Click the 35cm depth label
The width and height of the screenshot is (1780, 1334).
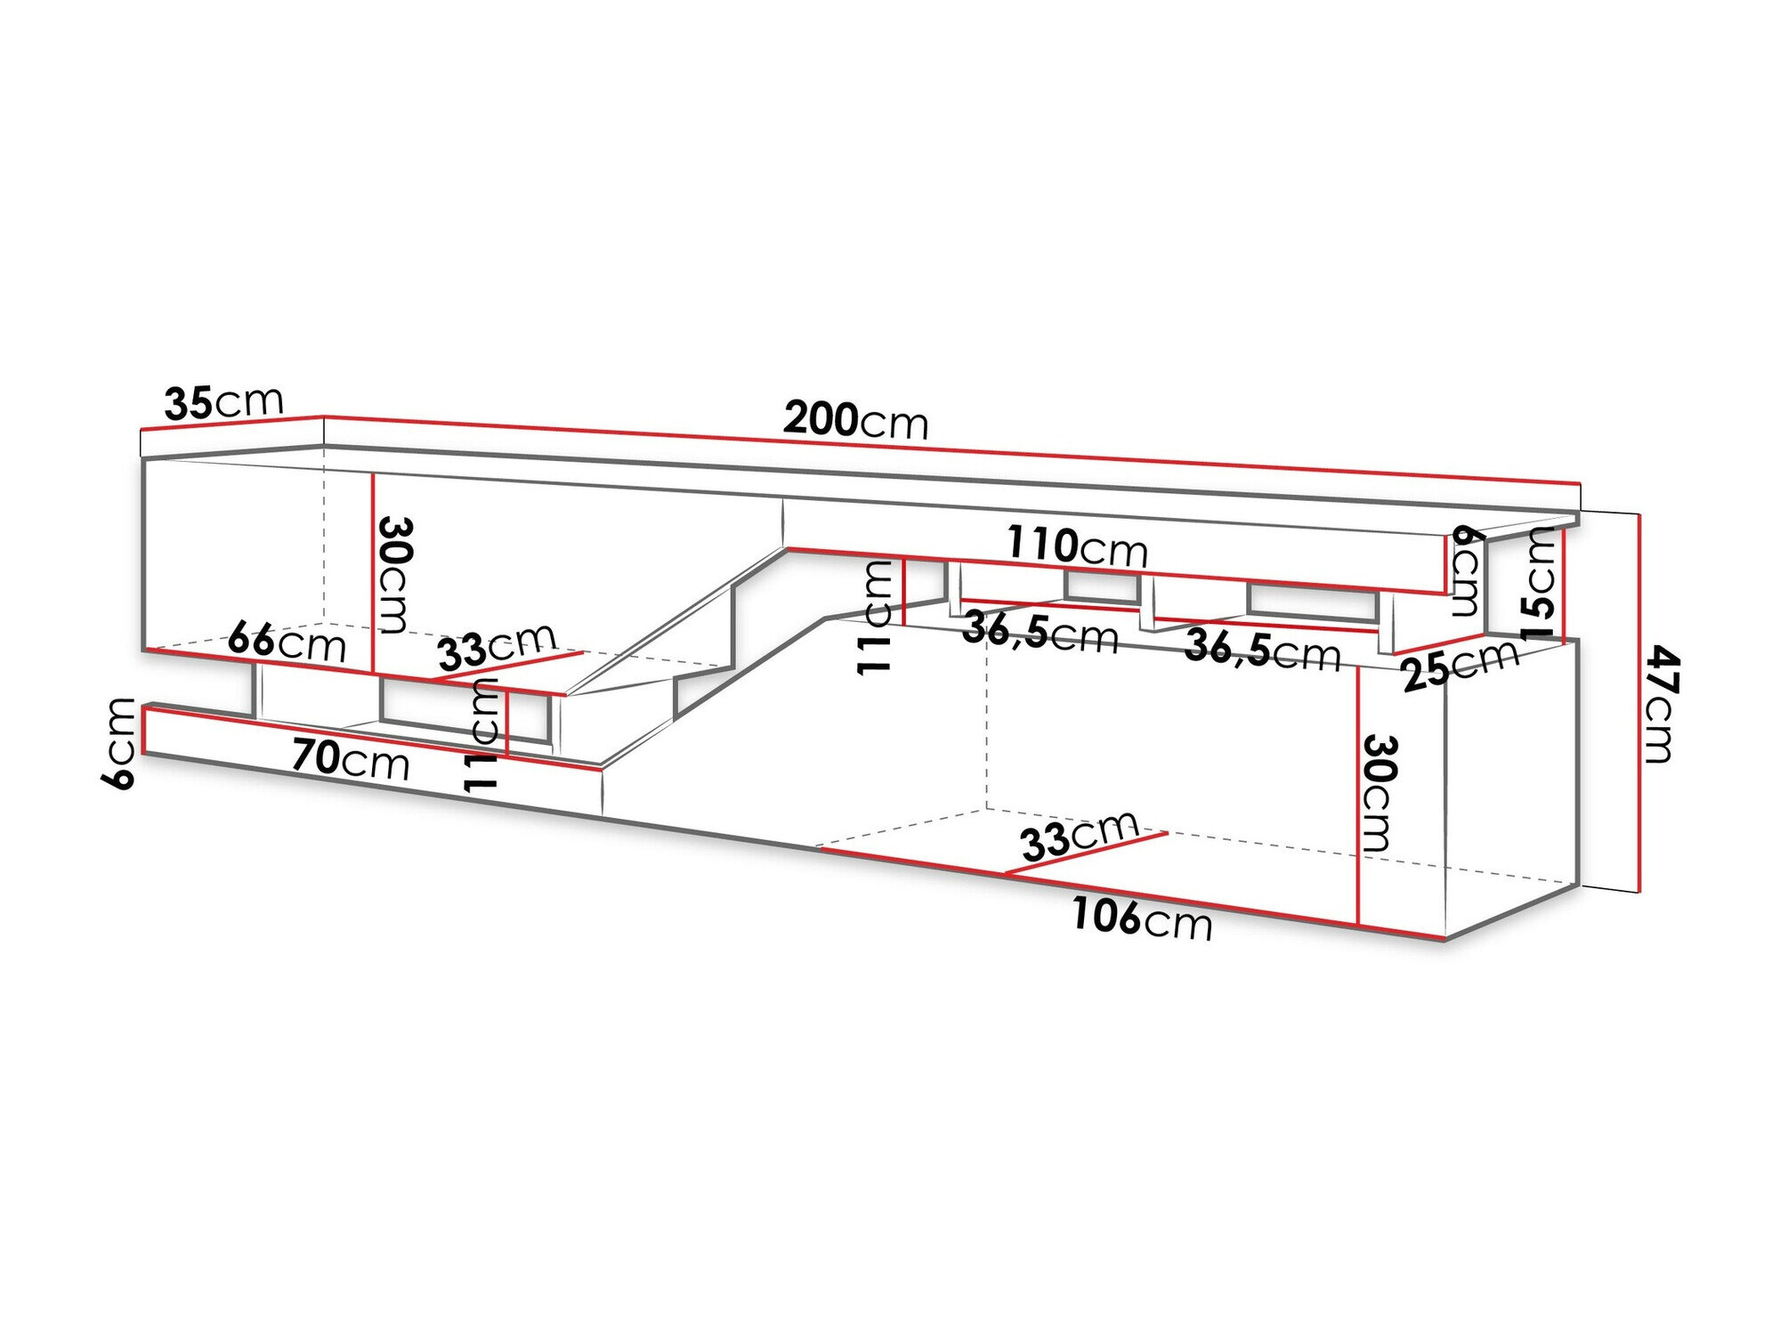pyautogui.click(x=223, y=402)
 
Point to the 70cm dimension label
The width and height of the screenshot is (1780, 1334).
pyautogui.click(x=351, y=759)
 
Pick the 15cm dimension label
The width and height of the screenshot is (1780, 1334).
pyautogui.click(x=1539, y=584)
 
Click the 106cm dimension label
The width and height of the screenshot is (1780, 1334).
pyautogui.click(x=1142, y=918)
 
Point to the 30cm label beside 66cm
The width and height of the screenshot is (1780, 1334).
pyautogui.click(x=393, y=575)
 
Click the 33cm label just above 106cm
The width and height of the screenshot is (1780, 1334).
pyautogui.click(x=1079, y=836)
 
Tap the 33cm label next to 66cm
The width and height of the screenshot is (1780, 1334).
pyautogui.click(x=498, y=646)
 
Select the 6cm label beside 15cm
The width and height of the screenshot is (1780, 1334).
pyautogui.click(x=1466, y=570)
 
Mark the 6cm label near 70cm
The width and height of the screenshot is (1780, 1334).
pyautogui.click(x=119, y=743)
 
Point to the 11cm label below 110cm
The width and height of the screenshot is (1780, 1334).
pyautogui.click(x=874, y=617)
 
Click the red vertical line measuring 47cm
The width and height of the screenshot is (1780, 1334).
pyautogui.click(x=1638, y=703)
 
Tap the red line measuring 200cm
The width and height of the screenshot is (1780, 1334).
pyautogui.click(x=951, y=449)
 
